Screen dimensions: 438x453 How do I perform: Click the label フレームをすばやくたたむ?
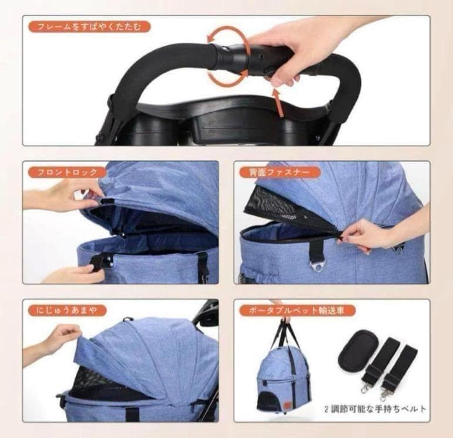88,26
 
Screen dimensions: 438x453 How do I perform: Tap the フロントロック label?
68,172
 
